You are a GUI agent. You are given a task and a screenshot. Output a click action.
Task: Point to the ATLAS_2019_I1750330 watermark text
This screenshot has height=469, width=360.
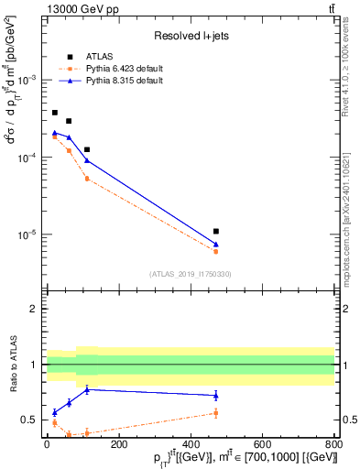point(191,274)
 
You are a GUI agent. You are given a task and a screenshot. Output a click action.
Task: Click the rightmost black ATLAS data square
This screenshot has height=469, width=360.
point(215,232)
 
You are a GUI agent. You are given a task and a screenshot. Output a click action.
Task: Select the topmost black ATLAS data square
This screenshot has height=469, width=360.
point(54,113)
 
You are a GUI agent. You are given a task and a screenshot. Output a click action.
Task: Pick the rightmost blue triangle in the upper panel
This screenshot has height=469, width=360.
point(215,244)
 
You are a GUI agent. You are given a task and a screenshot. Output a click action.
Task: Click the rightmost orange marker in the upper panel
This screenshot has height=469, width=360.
point(215,251)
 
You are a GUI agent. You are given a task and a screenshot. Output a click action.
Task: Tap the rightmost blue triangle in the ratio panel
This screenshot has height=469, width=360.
point(215,396)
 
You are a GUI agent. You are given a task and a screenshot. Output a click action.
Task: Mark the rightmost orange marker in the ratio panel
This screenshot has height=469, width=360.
point(215,413)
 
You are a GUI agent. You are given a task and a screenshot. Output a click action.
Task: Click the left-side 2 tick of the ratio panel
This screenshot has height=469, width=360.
point(36,309)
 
